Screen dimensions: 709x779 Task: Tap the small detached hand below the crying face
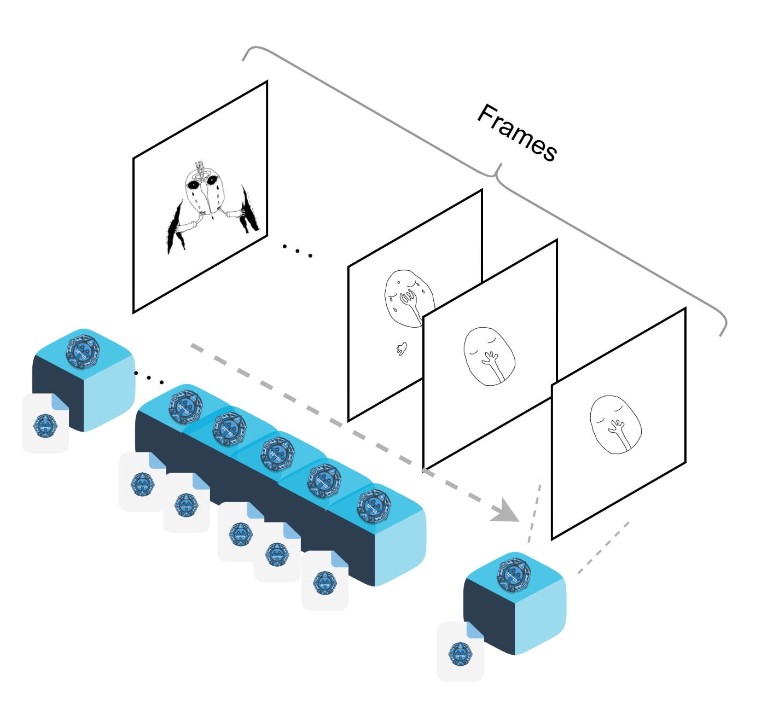click(402, 348)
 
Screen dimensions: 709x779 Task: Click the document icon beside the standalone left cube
click(45, 423)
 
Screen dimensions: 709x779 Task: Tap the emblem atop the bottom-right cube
click(514, 574)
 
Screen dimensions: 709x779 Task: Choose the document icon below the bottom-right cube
click(460, 652)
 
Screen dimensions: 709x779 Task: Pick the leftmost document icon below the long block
click(142, 482)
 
